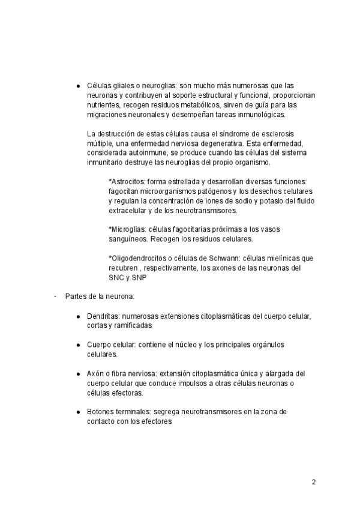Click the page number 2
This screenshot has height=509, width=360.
(x=313, y=482)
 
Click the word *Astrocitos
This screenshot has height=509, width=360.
(x=128, y=182)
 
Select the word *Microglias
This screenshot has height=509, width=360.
(x=127, y=230)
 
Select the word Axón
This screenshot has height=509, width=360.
(x=97, y=373)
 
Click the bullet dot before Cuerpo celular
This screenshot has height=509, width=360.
(x=78, y=345)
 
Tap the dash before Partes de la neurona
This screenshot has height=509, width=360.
(x=55, y=297)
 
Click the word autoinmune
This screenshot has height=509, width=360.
(x=150, y=153)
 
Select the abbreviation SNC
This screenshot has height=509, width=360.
(x=116, y=278)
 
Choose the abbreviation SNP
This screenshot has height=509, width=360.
(x=139, y=278)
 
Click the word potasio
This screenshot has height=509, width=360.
(x=263, y=201)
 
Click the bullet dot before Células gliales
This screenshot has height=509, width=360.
(x=78, y=86)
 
